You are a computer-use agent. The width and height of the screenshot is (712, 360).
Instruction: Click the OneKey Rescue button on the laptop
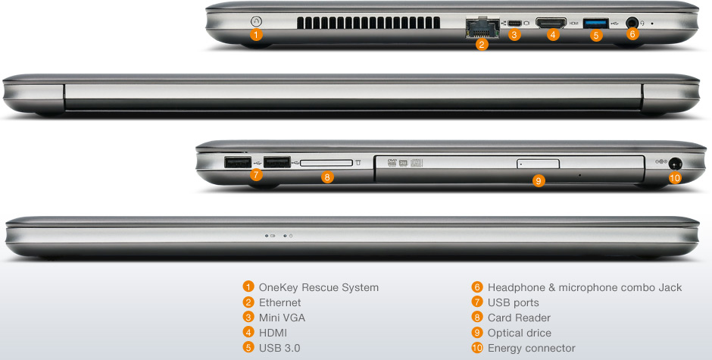[256, 21]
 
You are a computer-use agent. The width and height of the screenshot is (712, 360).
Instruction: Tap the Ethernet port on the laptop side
[482, 28]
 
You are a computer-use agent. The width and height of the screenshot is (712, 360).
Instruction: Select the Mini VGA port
[514, 23]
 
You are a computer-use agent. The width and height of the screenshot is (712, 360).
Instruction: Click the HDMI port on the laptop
[551, 22]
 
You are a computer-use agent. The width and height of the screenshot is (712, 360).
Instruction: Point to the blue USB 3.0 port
[596, 23]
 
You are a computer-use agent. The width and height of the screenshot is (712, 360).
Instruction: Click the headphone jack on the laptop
[632, 23]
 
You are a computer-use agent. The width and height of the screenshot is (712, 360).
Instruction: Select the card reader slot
[326, 163]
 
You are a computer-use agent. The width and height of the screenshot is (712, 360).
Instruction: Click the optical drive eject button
[538, 163]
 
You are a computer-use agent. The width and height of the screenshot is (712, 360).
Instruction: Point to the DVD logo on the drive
[392, 162]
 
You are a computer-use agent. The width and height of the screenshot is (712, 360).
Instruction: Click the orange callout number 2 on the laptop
[482, 44]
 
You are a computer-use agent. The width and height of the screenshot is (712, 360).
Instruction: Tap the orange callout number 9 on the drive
[538, 181]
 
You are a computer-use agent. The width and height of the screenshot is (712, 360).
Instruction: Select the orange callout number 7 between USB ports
[256, 174]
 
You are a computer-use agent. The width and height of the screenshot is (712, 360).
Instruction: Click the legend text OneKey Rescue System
[319, 287]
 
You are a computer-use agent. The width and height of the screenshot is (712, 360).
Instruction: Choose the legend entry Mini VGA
[282, 318]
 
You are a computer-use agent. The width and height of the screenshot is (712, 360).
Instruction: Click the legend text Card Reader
[519, 318]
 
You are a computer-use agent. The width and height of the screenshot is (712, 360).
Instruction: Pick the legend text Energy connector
[531, 348]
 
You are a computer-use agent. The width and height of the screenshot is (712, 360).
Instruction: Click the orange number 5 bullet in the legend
[248, 348]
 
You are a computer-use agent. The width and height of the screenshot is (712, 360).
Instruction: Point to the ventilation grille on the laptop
[369, 23]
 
